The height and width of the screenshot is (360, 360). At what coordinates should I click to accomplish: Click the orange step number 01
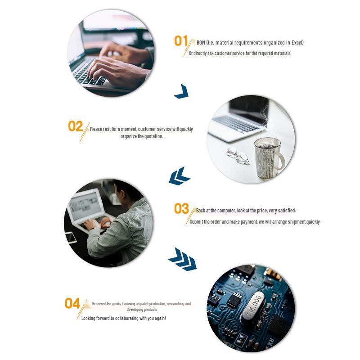coord(181,41)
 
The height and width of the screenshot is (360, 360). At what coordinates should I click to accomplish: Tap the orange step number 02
coord(75,126)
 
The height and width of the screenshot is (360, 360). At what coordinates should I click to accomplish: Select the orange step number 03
coord(181,208)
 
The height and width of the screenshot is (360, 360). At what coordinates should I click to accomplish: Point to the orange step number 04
coord(72,303)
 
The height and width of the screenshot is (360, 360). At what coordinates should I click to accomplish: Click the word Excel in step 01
coord(297,42)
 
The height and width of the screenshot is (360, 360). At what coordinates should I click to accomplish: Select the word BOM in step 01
coord(201,43)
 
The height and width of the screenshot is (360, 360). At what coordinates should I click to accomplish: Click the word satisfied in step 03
coord(287,211)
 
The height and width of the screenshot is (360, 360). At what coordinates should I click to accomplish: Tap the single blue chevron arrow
coord(182,91)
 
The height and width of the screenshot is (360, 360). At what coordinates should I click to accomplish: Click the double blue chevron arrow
coord(179,175)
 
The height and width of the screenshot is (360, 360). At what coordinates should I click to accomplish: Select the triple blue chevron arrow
coord(183,259)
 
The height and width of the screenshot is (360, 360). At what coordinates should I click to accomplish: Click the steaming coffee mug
coord(268,158)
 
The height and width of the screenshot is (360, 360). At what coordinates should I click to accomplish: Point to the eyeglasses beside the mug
coord(238,156)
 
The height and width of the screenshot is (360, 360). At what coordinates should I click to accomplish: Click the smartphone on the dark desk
coord(71,238)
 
